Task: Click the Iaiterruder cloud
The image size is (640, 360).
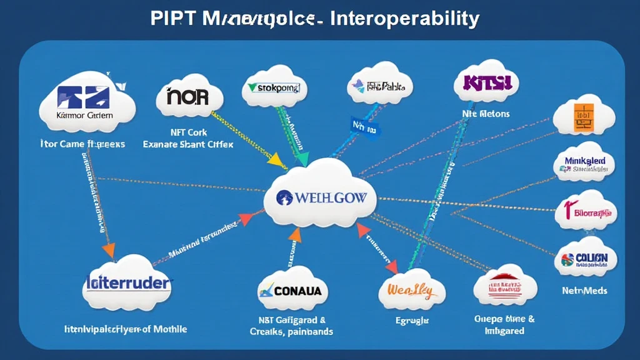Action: pyautogui.click(x=126, y=282)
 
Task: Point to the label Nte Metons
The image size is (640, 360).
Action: pyautogui.click(x=486, y=114)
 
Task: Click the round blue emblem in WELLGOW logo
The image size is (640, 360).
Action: pyautogui.click(x=284, y=197)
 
